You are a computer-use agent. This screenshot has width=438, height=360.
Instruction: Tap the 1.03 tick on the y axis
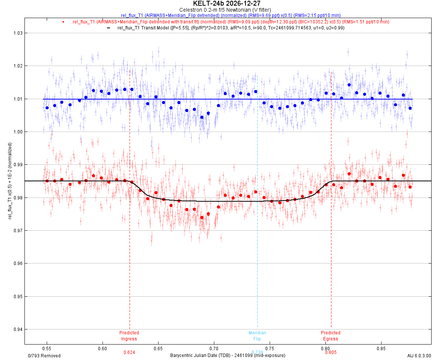tap(17, 33)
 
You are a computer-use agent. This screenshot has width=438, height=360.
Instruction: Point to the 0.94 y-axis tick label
tap(17, 329)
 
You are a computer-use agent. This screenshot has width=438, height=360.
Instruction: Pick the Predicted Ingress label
tap(129, 335)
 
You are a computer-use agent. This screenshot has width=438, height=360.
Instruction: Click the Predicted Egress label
tap(331, 335)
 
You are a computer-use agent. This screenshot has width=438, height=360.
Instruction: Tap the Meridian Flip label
tap(257, 335)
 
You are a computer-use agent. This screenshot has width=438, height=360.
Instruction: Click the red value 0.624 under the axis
tap(129, 352)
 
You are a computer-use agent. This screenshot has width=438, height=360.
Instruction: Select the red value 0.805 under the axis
tap(331, 352)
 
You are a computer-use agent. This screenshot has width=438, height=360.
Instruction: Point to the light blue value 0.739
tap(257, 352)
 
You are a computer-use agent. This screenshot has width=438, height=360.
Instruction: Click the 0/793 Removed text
tap(44, 355)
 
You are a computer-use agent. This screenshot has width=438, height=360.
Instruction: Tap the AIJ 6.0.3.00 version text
tap(419, 355)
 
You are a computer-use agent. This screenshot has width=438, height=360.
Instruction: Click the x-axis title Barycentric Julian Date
tap(227, 355)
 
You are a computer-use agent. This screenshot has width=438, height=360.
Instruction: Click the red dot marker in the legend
tap(63, 22)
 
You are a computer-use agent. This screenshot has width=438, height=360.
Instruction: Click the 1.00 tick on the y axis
tap(17, 132)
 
